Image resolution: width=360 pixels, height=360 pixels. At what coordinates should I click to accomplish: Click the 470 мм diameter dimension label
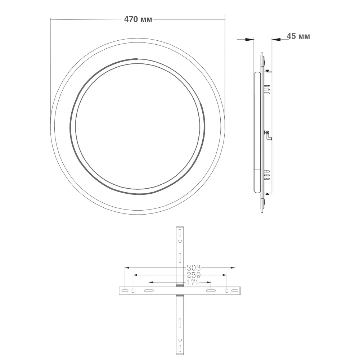pyautogui.click(x=138, y=19)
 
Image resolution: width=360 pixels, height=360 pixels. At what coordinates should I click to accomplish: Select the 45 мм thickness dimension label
pyautogui.click(x=298, y=36)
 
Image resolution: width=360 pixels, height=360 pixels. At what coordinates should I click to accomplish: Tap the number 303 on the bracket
pyautogui.click(x=193, y=268)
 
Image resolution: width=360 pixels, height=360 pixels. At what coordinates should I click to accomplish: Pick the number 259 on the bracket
pyautogui.click(x=193, y=275)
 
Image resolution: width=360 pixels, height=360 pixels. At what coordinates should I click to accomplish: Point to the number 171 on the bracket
pyautogui.click(x=192, y=282)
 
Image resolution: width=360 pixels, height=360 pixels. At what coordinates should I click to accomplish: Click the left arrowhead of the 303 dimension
pyautogui.click(x=127, y=268)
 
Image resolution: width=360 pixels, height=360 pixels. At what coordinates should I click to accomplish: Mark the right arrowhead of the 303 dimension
pyautogui.click(x=233, y=268)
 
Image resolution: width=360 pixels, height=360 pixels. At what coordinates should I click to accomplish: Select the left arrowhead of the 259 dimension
pyautogui.click(x=135, y=275)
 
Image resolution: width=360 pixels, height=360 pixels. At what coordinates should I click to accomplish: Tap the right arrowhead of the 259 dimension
pyautogui.click(x=225, y=275)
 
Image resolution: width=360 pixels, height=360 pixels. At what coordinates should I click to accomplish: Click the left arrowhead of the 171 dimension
pyautogui.click(x=151, y=282)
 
